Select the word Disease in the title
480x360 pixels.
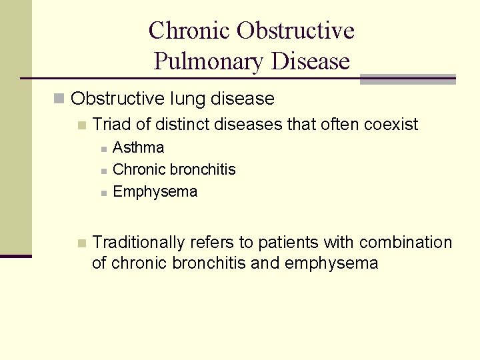click(x=311, y=62)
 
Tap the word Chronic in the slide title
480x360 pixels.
click(x=189, y=31)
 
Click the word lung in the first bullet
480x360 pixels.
click(x=188, y=99)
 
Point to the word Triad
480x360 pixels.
click(x=110, y=124)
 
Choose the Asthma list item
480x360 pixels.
click(x=139, y=147)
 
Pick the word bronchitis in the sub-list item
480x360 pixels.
click(x=203, y=169)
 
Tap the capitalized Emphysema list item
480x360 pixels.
click(x=155, y=192)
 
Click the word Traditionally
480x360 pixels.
click(x=139, y=241)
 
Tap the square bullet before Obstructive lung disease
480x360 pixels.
click(x=59, y=99)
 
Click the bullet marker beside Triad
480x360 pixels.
click(x=81, y=125)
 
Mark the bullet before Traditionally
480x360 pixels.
click(x=81, y=243)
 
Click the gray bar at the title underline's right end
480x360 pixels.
click(x=407, y=79)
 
